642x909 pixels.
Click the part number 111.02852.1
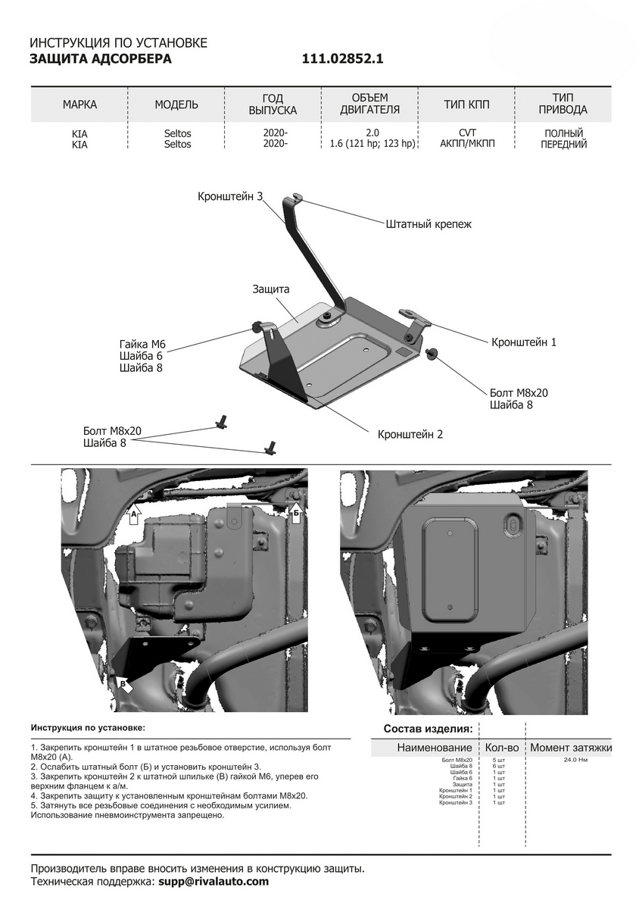click(343, 59)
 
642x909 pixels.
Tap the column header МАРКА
click(79, 105)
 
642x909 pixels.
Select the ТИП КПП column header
click(466, 105)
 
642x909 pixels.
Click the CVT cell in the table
click(466, 133)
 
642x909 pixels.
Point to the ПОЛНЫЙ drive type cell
click(563, 133)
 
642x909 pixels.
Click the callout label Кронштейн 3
click(230, 196)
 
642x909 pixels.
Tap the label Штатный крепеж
click(429, 224)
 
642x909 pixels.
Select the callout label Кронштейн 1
click(523, 342)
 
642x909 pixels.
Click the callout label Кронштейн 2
click(410, 434)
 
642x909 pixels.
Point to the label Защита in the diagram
click(271, 289)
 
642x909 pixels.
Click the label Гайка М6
click(142, 345)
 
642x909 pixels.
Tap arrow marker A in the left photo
click(134, 514)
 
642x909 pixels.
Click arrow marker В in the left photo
click(123, 684)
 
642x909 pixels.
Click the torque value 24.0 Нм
click(577, 759)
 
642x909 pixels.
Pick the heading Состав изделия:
click(428, 729)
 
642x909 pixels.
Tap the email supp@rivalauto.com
click(213, 882)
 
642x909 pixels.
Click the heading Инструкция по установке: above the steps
click(87, 727)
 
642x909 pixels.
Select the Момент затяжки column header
click(570, 748)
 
